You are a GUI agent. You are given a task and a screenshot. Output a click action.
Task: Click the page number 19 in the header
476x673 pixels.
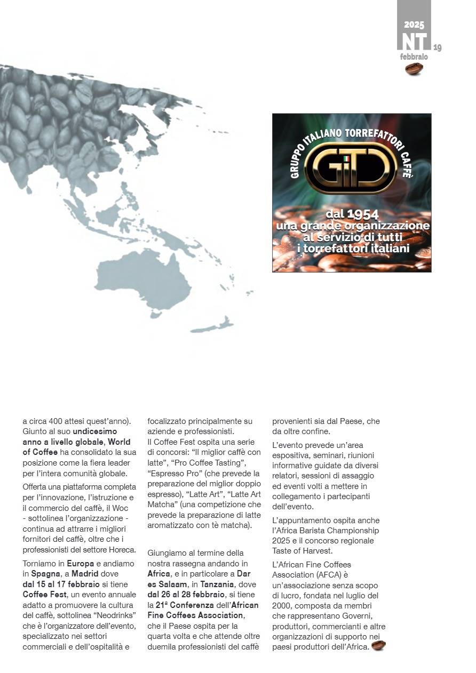click(x=438, y=47)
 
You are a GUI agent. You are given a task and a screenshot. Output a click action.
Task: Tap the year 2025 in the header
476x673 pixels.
click(x=414, y=25)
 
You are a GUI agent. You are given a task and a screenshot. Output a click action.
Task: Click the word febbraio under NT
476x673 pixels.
click(x=414, y=57)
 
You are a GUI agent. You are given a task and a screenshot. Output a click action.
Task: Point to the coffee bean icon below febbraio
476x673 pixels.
click(x=414, y=68)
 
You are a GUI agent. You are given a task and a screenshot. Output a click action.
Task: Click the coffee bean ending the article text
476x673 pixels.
click(x=378, y=646)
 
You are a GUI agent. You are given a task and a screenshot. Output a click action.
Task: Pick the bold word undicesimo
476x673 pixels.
click(x=94, y=431)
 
